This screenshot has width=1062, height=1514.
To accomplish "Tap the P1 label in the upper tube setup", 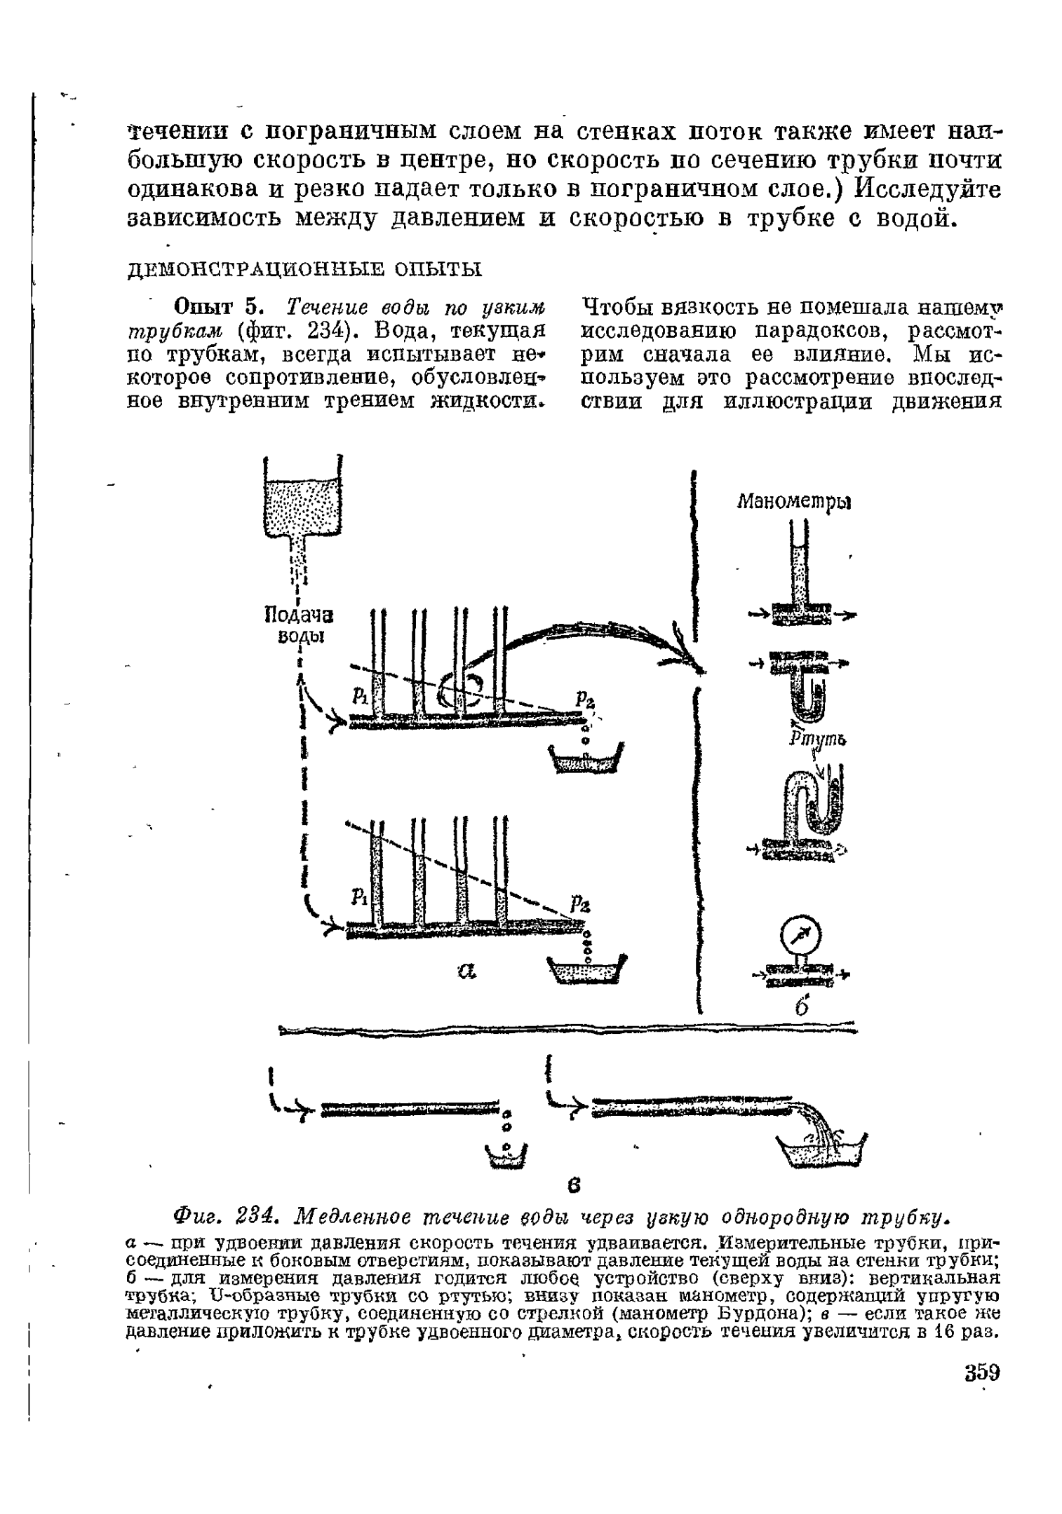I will pyautogui.click(x=360, y=696).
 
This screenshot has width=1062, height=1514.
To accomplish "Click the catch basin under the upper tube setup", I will pyautogui.click(x=587, y=760).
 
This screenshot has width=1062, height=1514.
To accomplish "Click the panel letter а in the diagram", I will pyautogui.click(x=469, y=971).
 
